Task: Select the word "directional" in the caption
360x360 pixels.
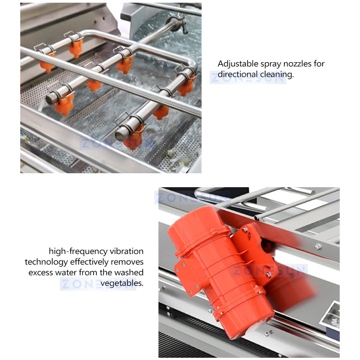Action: [x=237, y=74]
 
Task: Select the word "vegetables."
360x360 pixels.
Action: [x=121, y=283]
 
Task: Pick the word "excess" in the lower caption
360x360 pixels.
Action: [x=42, y=272]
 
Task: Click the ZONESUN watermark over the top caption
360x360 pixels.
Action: [x=247, y=77]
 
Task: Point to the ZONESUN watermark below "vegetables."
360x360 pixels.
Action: [x=97, y=284]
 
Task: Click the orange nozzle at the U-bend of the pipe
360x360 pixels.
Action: [x=186, y=86]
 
